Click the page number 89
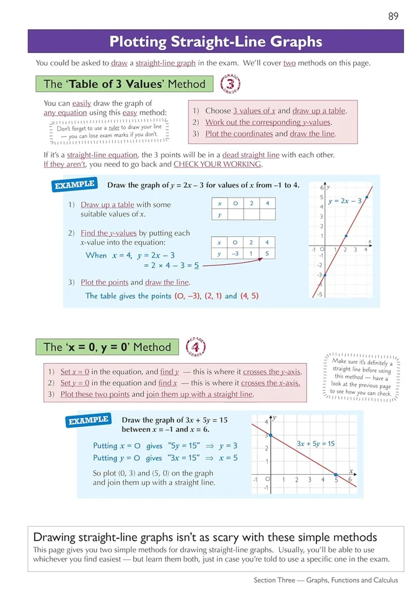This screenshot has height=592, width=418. click(x=393, y=16)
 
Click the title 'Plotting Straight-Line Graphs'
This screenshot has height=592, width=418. click(x=216, y=42)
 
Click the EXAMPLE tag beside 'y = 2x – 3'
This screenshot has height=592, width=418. click(x=74, y=185)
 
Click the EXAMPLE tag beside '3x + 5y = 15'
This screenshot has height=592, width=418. click(x=88, y=421)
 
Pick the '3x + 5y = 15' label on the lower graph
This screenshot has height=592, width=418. click(x=315, y=444)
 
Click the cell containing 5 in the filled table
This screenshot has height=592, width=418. click(x=266, y=254)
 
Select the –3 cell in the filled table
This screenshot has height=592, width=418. click(x=235, y=254)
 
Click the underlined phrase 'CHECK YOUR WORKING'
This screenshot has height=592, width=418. click(x=217, y=165)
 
